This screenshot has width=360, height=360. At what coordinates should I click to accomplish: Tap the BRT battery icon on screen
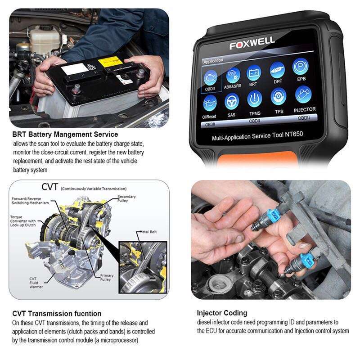point(254,72)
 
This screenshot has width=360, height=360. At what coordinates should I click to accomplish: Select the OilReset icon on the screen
point(210,105)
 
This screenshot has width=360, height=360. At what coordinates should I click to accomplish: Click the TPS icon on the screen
point(279,97)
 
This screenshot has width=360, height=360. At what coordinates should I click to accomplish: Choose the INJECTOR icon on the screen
point(304,94)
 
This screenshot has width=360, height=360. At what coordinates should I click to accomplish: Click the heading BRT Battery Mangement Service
point(65,134)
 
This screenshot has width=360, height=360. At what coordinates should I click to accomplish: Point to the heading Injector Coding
point(222,313)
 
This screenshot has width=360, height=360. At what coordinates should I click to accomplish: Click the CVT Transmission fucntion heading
point(57,313)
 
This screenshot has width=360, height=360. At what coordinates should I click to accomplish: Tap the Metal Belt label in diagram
point(148,232)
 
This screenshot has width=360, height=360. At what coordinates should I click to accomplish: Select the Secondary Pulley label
point(126,198)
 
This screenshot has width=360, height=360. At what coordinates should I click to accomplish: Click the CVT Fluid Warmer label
point(36,282)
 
